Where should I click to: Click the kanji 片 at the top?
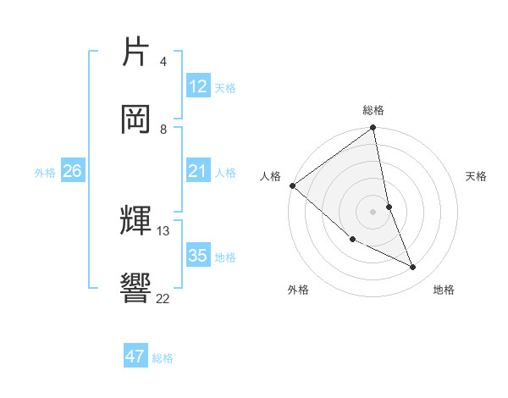[x=135, y=53]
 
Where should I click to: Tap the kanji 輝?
[x=135, y=222]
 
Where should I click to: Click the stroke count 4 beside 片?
[x=163, y=62]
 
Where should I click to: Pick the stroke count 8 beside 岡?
[x=163, y=129]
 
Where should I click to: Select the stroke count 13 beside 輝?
[x=163, y=230]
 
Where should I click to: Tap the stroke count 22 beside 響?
[x=163, y=297]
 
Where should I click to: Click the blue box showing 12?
[x=198, y=86]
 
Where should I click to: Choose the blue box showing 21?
[x=198, y=171]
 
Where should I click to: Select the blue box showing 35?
[x=198, y=256]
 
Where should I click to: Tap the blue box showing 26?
[x=73, y=171]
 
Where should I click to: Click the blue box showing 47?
[x=135, y=357]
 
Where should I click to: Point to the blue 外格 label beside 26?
[x=45, y=173]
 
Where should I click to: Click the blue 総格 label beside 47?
[x=163, y=358]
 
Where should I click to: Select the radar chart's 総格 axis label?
[x=373, y=110]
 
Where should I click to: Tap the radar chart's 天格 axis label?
[x=477, y=176]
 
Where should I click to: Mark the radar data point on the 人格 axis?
[x=292, y=185]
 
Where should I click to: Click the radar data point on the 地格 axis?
[x=413, y=268]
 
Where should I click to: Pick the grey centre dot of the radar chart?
[x=373, y=211]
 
